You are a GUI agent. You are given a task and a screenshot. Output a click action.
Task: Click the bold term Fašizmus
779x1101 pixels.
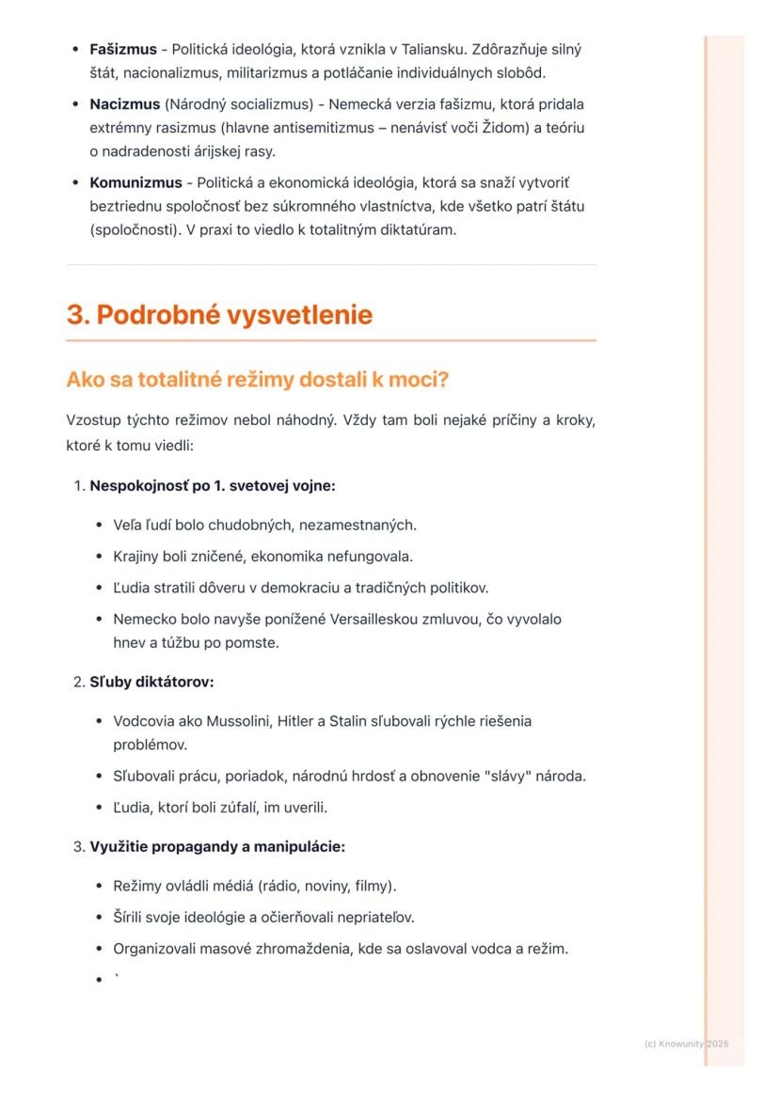(x=123, y=48)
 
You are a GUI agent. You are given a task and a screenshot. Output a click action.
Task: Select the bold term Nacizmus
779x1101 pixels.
(x=124, y=103)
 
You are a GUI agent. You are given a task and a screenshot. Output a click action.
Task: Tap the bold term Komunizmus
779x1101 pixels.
(x=135, y=181)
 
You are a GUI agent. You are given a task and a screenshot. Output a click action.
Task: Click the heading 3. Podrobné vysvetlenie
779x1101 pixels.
(x=219, y=315)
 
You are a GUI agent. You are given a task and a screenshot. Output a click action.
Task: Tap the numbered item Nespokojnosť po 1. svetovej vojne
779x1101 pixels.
(x=212, y=486)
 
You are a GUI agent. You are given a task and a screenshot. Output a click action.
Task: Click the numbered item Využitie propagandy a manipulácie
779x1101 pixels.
(x=217, y=846)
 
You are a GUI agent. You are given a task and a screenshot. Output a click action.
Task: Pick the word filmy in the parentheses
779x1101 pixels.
(x=376, y=886)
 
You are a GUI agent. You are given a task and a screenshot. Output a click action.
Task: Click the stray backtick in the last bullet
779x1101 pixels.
(x=117, y=978)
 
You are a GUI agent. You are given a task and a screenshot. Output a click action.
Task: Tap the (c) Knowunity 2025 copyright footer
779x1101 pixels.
(x=687, y=1044)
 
